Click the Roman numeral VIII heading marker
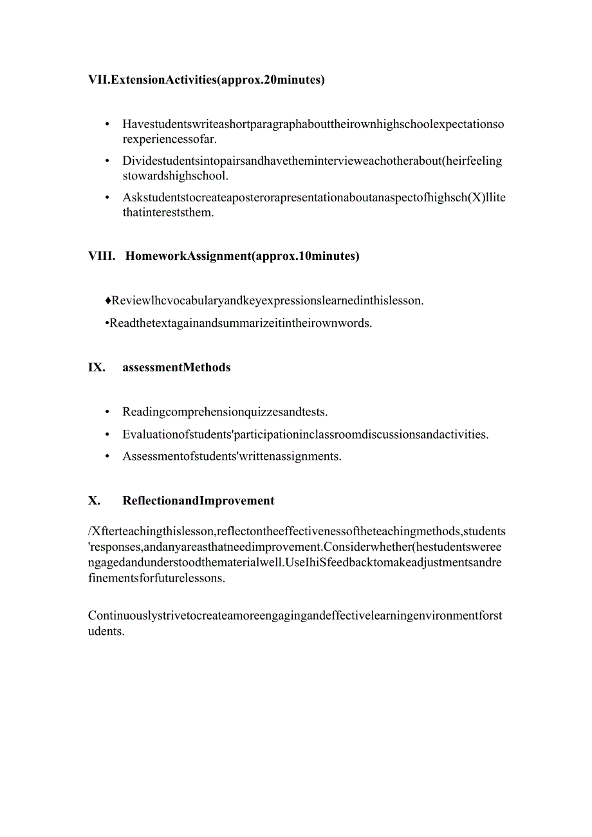tap(102, 256)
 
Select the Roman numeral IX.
tap(97, 367)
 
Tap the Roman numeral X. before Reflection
tap(95, 501)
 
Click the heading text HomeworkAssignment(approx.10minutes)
tap(243, 256)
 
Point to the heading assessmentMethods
tap(176, 367)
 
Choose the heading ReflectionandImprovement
tap(198, 501)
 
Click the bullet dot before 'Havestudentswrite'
tap(107, 124)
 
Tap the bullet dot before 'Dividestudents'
tap(107, 161)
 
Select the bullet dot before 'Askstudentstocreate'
tap(107, 198)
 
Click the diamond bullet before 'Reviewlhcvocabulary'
tap(108, 300)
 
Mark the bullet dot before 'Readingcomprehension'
tap(107, 412)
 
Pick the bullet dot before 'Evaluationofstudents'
tap(107, 434)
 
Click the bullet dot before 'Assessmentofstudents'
tap(107, 457)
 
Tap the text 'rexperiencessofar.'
tap(170, 138)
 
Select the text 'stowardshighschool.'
tap(176, 175)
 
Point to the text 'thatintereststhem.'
tap(168, 212)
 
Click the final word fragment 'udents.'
tap(106, 631)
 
